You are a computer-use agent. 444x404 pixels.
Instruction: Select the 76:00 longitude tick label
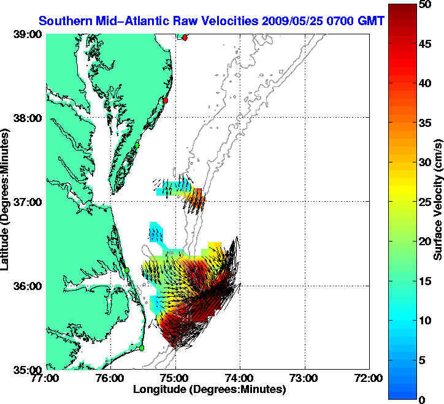[111, 378]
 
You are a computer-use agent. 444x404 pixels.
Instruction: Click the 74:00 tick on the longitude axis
[240, 378]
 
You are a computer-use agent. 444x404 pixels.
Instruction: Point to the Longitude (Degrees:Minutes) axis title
[209, 389]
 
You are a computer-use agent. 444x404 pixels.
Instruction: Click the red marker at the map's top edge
[185, 37]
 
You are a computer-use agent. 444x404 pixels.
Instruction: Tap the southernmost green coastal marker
[141, 348]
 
